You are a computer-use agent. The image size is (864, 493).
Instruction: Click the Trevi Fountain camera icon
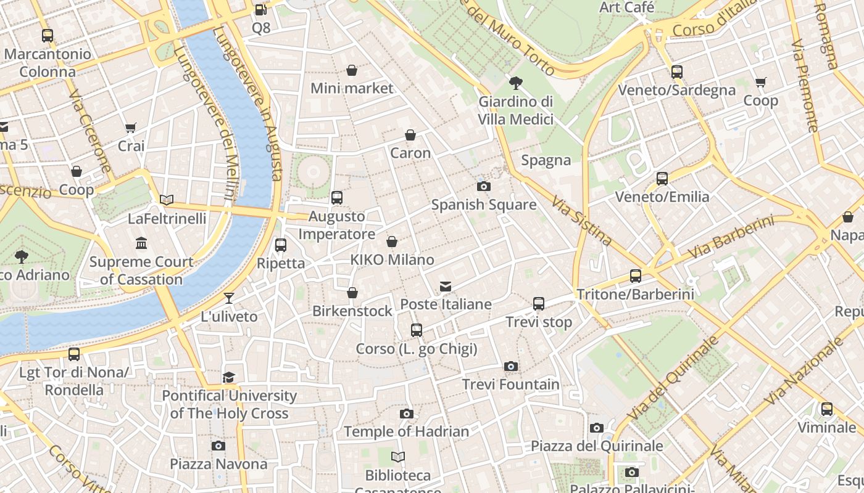[x=510, y=366]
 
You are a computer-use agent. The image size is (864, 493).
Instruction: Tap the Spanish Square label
[x=483, y=205]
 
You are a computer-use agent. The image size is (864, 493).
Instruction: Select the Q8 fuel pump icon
[x=260, y=10]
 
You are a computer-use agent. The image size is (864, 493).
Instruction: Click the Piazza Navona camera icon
[x=218, y=446]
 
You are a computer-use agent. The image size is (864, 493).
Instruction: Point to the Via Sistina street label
[x=581, y=221]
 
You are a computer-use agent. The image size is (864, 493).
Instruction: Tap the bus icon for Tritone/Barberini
[x=636, y=275]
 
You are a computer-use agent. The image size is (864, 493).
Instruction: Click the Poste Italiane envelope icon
[x=446, y=286]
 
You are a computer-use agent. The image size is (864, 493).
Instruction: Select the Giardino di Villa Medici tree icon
[x=515, y=83]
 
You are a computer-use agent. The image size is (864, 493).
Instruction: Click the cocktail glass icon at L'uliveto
[x=229, y=298]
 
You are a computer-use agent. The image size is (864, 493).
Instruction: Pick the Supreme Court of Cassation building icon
[x=141, y=243]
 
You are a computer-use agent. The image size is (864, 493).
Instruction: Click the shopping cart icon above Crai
[x=130, y=128]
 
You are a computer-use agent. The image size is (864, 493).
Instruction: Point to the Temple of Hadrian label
[x=406, y=431]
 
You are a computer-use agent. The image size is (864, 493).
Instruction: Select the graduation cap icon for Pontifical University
[x=229, y=377]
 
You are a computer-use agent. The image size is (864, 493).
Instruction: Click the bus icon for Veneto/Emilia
[x=662, y=179]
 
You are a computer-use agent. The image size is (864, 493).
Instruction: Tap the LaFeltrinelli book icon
[x=167, y=200]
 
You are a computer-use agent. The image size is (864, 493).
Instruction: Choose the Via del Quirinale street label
[x=673, y=378]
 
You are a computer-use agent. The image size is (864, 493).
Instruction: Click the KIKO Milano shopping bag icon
[x=392, y=242]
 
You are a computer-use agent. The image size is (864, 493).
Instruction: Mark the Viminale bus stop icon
[x=826, y=409]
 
